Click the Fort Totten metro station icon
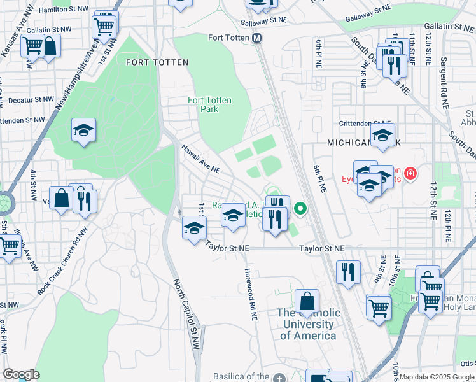tap(257, 38)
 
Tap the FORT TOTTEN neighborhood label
tap(157, 62)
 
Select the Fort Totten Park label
tap(209, 104)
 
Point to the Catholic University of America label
tap(308, 324)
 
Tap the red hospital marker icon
tap(410, 173)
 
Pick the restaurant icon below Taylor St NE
tap(347, 271)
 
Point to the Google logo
tap(21, 374)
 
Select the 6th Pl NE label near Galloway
tap(318, 53)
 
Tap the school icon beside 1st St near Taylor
tap(194, 227)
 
